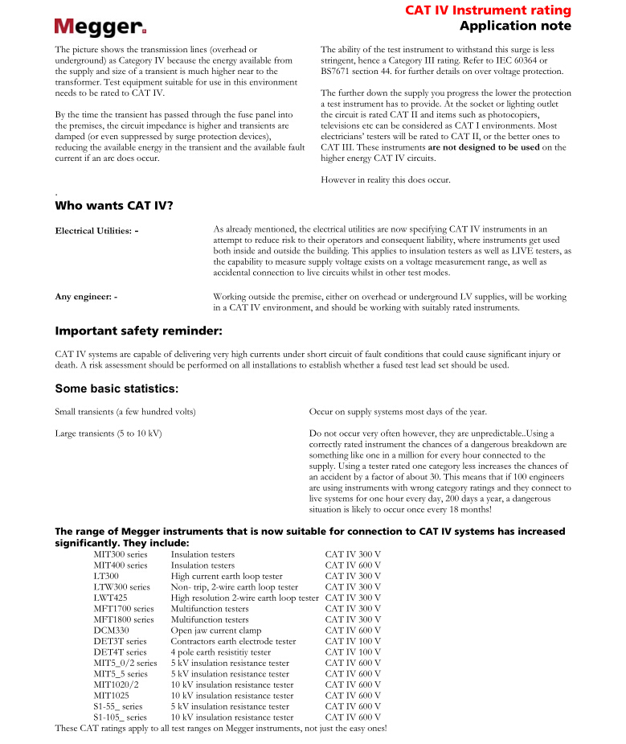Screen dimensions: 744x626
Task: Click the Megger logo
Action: (100, 27)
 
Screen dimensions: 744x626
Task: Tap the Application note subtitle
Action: (515, 26)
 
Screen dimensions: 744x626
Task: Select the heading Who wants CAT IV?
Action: (114, 206)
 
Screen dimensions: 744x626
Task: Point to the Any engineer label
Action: (86, 297)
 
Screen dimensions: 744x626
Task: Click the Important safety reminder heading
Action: (138, 331)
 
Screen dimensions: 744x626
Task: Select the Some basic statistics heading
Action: (117, 388)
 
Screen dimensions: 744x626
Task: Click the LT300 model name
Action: (106, 577)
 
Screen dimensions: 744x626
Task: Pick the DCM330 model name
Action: (111, 631)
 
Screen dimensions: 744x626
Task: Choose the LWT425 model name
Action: (110, 598)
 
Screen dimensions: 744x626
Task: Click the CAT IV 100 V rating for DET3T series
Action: (353, 642)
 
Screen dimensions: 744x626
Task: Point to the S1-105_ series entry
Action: (120, 717)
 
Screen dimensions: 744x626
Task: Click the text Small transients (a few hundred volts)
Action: (125, 413)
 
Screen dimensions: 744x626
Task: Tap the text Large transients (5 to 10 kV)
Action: (108, 434)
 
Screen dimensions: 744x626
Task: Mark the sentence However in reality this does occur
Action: (386, 179)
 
